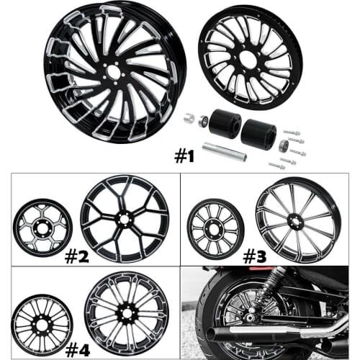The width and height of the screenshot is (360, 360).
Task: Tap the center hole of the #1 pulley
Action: pos(248,60)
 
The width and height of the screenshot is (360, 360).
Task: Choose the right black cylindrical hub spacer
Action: pos(258,134)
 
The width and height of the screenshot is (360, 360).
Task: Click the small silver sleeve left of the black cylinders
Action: pos(189,120)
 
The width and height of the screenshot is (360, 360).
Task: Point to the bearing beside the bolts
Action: pos(282,146)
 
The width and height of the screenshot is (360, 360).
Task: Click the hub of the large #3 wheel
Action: pos(288,219)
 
